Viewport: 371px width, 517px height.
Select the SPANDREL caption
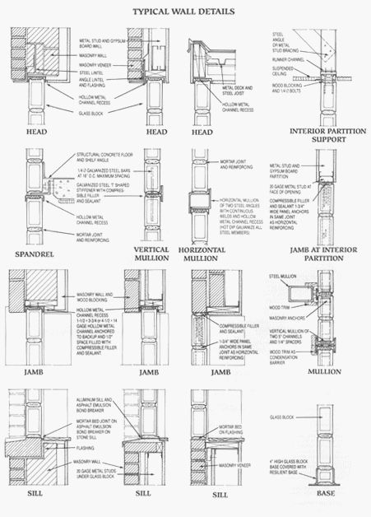[32, 254]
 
